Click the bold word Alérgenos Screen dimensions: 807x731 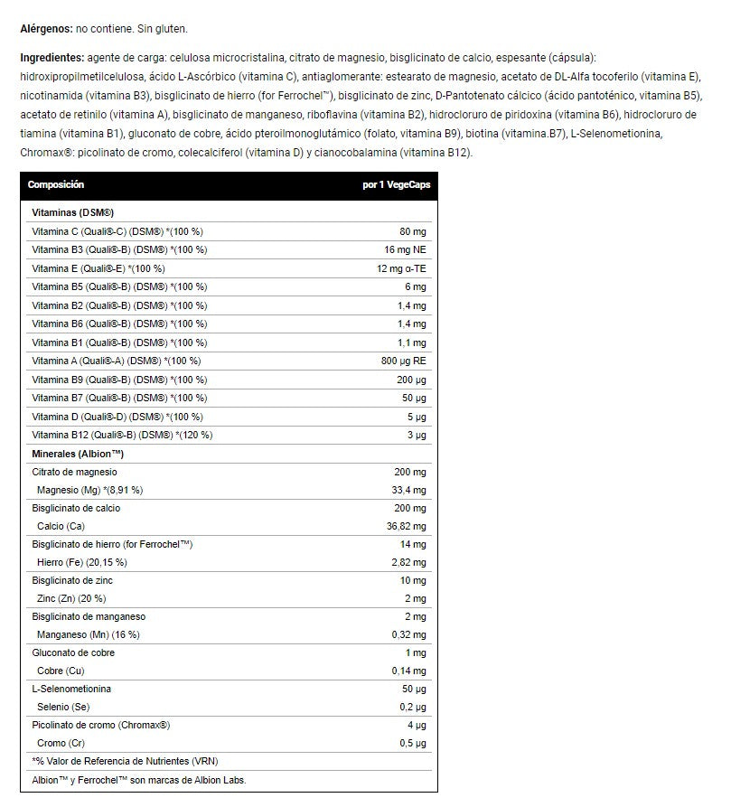(46, 30)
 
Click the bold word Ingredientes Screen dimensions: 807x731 (52, 57)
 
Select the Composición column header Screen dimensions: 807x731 (56, 184)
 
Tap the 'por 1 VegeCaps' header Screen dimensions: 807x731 (397, 184)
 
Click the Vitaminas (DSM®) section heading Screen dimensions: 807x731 (71, 212)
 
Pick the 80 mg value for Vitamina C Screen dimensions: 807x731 (412, 231)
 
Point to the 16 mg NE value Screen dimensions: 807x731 (405, 249)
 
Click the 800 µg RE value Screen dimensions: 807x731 (402, 361)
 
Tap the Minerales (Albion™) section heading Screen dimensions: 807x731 (78, 453)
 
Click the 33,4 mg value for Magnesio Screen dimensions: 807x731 (407, 490)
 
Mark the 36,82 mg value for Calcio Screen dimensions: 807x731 (406, 526)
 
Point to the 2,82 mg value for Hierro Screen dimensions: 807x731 (408, 562)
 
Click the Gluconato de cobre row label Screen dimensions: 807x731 (73, 652)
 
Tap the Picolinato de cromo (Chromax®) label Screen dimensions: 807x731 (101, 725)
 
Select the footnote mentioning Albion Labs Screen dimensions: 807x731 (138, 780)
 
